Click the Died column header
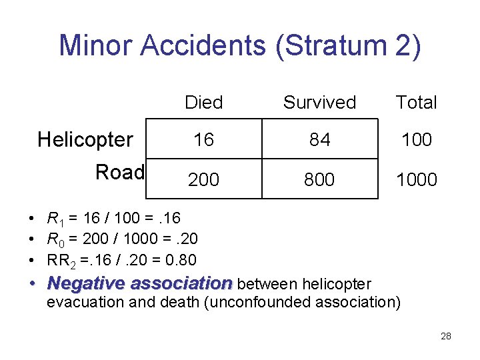[x=203, y=103]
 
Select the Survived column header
[x=319, y=103]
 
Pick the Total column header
[x=416, y=103]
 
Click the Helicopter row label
[x=85, y=140]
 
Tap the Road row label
[x=120, y=173]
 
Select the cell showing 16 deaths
[x=203, y=140]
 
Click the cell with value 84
[x=319, y=140]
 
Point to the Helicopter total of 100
[x=417, y=140]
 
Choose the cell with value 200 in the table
[x=203, y=179]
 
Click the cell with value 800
[x=319, y=179]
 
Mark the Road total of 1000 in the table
[x=417, y=179]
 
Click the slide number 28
[x=446, y=337]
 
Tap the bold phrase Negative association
[x=140, y=283]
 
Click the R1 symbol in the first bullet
[x=53, y=218]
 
